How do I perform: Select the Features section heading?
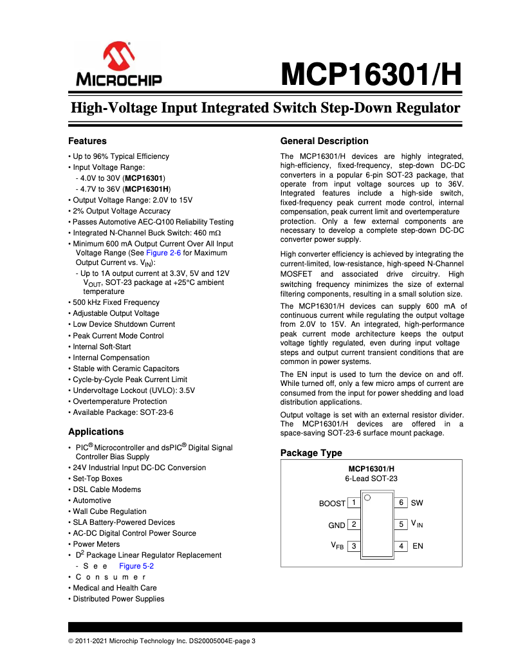pos(88,141)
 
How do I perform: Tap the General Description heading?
pos(324,141)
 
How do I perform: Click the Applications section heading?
pos(96,432)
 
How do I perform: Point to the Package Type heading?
pos(311,453)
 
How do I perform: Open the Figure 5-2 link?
pos(136,566)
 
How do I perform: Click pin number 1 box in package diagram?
pos(354,503)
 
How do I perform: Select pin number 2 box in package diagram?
pos(354,525)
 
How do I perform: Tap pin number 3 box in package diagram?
pos(354,546)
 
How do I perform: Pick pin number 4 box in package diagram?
pos(401,546)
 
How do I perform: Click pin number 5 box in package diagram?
pos(401,525)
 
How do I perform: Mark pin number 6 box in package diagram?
pos(401,503)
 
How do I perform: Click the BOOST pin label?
pos(332,504)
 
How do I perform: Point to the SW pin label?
pos(417,503)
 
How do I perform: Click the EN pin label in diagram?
pos(418,546)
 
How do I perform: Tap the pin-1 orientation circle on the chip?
pos(368,498)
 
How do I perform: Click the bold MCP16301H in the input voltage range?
pos(147,189)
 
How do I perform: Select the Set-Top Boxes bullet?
pos(97,479)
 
